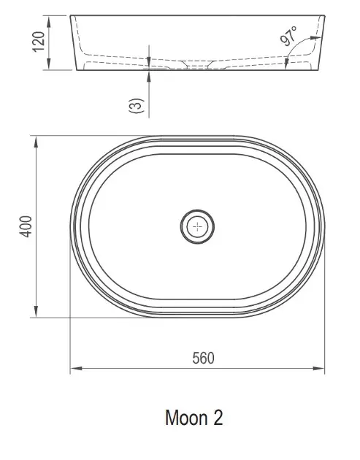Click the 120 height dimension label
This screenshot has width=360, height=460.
click(x=39, y=42)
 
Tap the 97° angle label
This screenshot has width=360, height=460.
click(x=288, y=36)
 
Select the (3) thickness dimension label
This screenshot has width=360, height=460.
click(x=137, y=106)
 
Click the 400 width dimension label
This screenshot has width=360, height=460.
click(x=26, y=226)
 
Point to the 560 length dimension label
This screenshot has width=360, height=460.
click(x=203, y=359)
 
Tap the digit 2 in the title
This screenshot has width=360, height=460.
click(x=218, y=418)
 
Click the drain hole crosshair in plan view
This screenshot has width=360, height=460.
click(x=197, y=226)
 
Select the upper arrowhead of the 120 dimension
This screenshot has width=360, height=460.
click(x=49, y=22)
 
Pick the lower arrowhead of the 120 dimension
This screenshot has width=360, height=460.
click(x=49, y=64)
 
